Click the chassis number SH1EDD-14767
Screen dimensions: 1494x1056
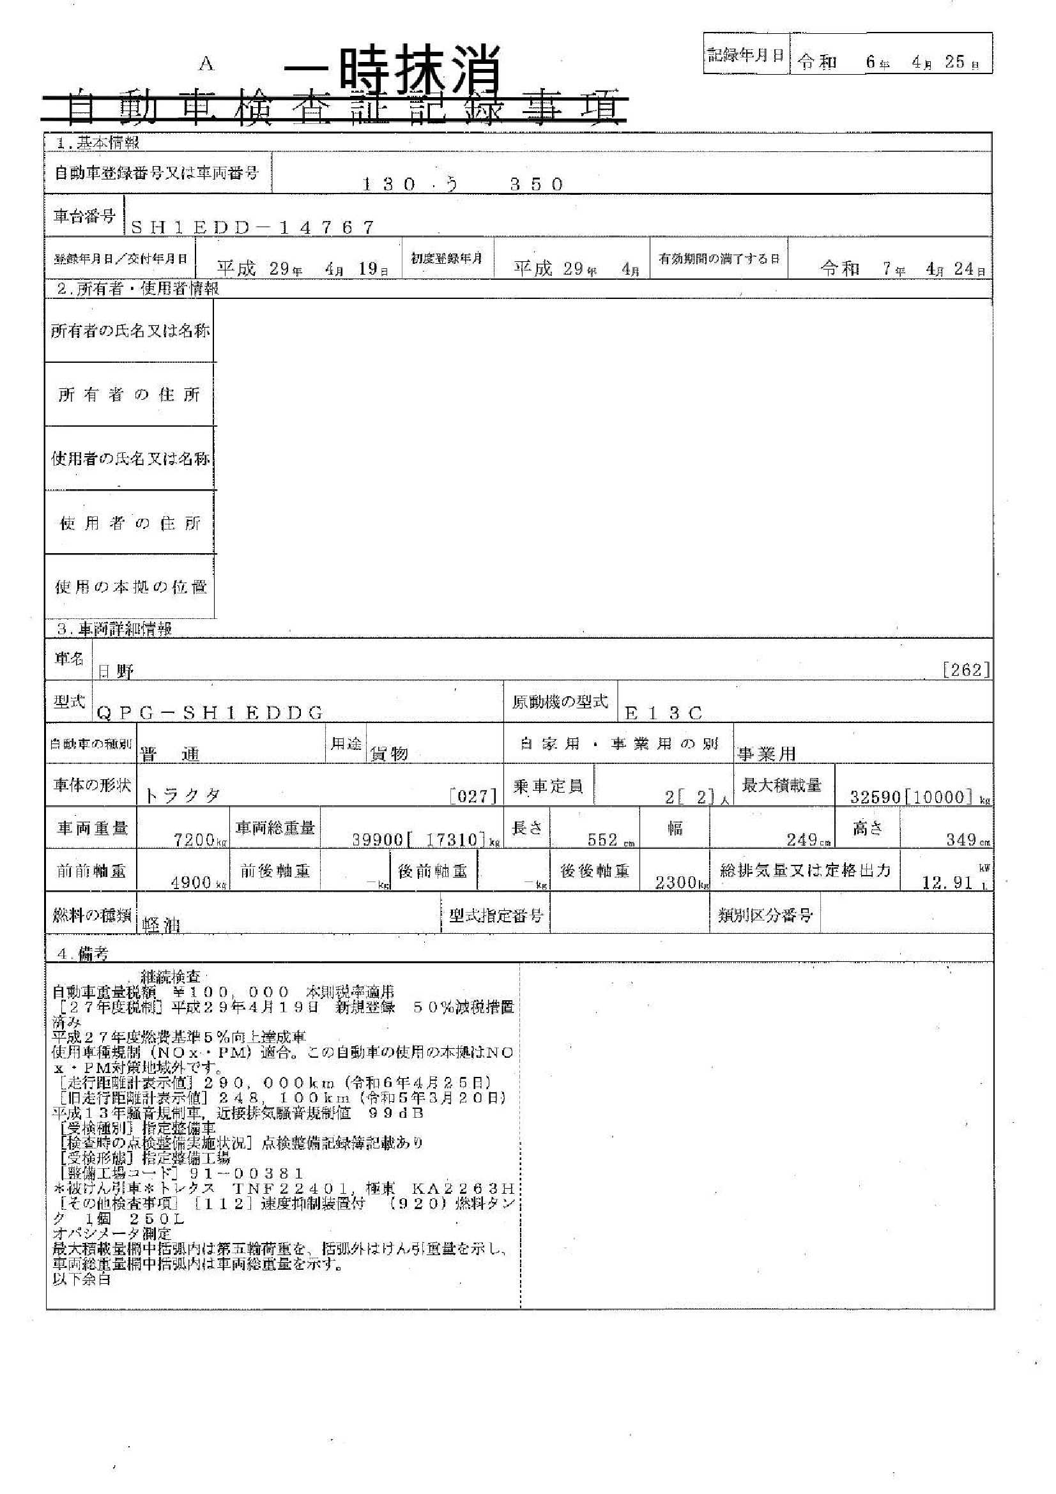coord(253,227)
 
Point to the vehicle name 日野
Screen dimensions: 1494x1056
coord(116,671)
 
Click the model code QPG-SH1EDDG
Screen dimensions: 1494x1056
coord(210,713)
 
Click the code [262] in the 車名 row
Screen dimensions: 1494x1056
coord(966,669)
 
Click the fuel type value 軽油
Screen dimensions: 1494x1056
coord(161,926)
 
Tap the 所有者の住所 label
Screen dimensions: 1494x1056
coord(129,395)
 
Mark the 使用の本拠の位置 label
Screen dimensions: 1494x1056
coord(130,587)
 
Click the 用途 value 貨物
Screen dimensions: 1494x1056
coord(388,754)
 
